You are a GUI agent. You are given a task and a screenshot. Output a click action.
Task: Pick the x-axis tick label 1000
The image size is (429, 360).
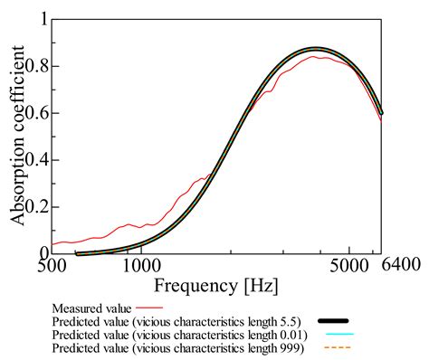pos(141,268)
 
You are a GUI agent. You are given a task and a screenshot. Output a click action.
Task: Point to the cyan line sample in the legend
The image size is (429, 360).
pos(334,335)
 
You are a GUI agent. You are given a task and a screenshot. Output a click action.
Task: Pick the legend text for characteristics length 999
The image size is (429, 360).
pos(179,346)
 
